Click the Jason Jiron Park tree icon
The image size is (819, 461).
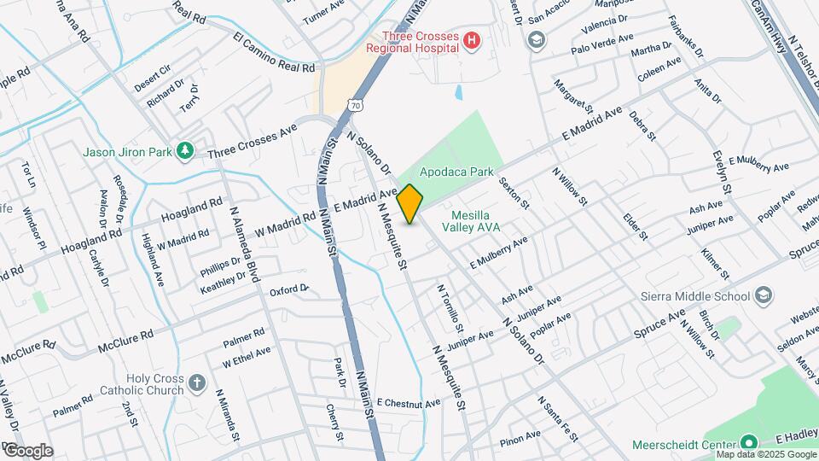[x=185, y=151]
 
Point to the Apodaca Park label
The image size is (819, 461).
[x=456, y=172]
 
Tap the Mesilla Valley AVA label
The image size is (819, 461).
[x=470, y=221]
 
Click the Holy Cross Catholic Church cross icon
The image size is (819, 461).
[x=197, y=382]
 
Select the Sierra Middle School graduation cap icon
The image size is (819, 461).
[x=764, y=296]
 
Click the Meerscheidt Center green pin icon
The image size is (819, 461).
[x=749, y=443]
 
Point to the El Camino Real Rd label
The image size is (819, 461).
[x=274, y=53]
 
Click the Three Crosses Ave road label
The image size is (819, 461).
[x=252, y=139]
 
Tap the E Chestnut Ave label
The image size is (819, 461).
[x=409, y=402]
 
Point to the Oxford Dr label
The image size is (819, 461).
[x=288, y=291]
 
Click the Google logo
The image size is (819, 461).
[x=29, y=451]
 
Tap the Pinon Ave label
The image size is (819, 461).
[x=520, y=436]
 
